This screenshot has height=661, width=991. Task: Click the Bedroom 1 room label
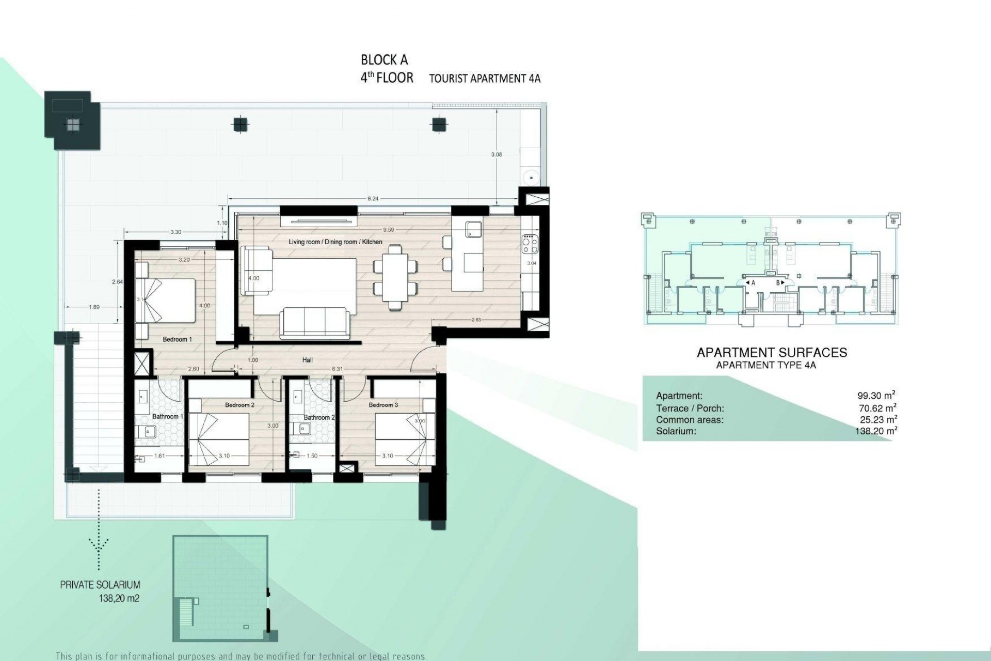point(177,339)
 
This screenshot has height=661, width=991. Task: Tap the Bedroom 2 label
point(239,405)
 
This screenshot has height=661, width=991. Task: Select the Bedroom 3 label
point(383,405)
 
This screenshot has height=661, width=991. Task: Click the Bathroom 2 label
point(316,417)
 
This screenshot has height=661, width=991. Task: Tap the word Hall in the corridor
point(308,360)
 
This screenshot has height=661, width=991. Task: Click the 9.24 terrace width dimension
point(373,199)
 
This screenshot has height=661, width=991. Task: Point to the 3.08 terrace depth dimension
point(497,154)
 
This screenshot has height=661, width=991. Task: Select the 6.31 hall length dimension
point(337,369)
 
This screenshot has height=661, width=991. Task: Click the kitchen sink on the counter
point(473,229)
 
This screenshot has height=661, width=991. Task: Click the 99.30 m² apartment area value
point(876,396)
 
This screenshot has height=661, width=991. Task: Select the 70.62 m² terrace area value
point(877,408)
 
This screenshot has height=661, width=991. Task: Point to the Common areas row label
point(690,420)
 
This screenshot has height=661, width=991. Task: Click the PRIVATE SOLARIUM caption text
point(100,585)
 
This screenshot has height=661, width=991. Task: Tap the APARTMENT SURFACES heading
point(772,353)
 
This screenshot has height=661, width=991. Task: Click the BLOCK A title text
point(384,60)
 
